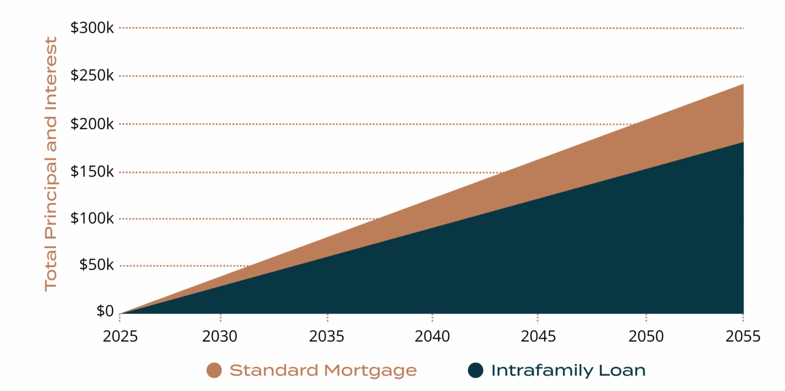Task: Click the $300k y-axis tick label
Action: tap(92, 28)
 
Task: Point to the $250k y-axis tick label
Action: tap(92, 76)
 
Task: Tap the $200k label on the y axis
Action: tap(92, 124)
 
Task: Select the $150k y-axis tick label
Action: tap(92, 171)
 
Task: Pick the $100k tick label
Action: tap(92, 218)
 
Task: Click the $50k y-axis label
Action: tap(96, 265)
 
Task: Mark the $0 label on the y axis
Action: tap(105, 311)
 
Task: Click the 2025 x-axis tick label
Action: tap(119, 337)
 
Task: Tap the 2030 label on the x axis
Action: tap(220, 337)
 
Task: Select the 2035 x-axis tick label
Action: tap(327, 337)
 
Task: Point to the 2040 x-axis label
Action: tap(432, 337)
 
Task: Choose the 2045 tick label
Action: tap(538, 337)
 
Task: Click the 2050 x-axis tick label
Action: tap(646, 337)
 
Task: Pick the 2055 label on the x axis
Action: tap(743, 337)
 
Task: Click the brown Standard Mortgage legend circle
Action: tap(214, 371)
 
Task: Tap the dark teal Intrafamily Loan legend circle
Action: tap(475, 371)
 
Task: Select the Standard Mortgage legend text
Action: tap(323, 371)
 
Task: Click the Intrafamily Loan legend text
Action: tap(568, 371)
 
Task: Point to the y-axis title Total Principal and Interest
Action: tap(51, 164)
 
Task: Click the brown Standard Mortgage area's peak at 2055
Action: tap(742, 85)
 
